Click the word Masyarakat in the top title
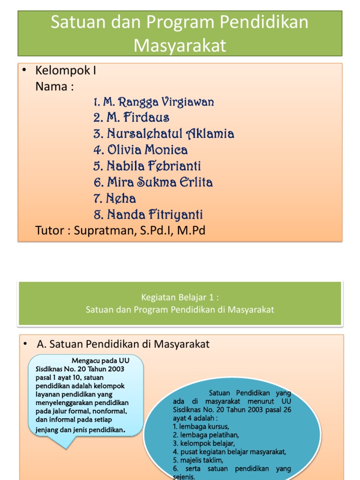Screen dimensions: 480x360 click(x=180, y=45)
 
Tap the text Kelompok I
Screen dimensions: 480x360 click(x=66, y=71)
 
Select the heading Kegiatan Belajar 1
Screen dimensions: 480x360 click(x=180, y=297)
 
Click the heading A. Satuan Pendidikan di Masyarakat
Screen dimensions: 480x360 click(x=123, y=345)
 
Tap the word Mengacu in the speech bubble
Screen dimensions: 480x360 click(x=87, y=360)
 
